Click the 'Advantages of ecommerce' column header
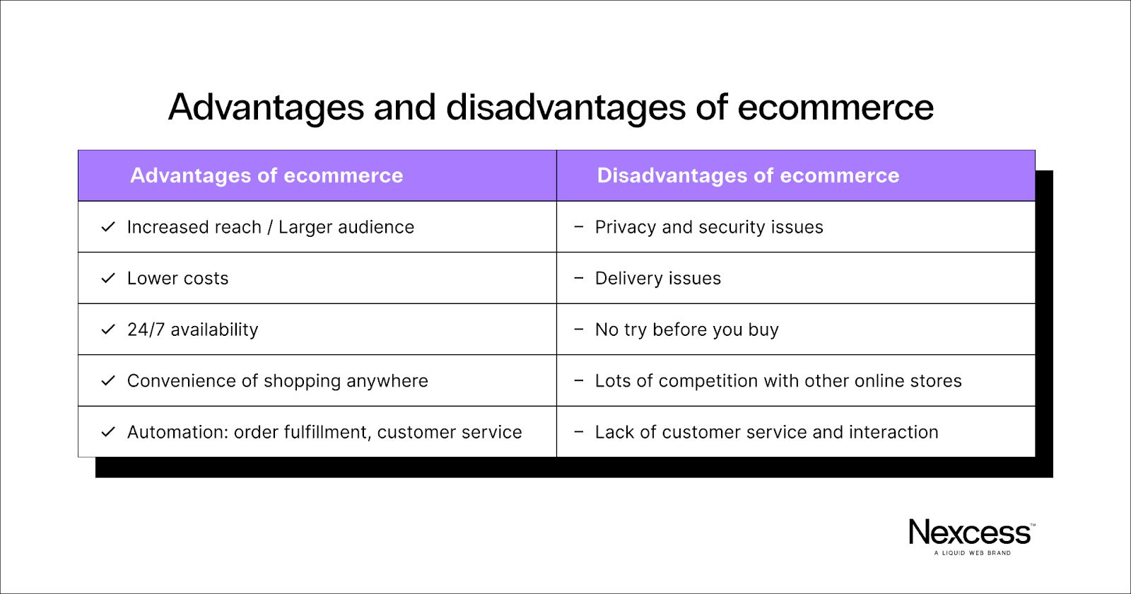pos(266,175)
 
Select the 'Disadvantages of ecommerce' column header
pos(748,175)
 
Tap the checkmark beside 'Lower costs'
pos(108,279)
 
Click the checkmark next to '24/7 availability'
pos(108,330)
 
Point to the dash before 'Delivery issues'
pos(579,278)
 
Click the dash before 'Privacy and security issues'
pos(579,227)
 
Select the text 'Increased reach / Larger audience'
pos(271,227)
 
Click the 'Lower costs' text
pos(177,279)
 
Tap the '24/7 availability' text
pos(193,330)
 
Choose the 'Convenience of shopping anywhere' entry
pos(278,381)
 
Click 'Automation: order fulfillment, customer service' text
pos(324,432)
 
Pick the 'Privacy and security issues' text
pos(709,227)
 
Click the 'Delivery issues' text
pos(658,279)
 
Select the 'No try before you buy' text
pos(686,330)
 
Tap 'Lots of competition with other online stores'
pos(778,381)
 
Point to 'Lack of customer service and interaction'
pos(766,432)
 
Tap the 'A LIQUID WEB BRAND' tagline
pos(973,553)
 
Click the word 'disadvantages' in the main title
pos(566,107)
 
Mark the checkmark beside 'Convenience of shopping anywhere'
pos(108,381)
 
